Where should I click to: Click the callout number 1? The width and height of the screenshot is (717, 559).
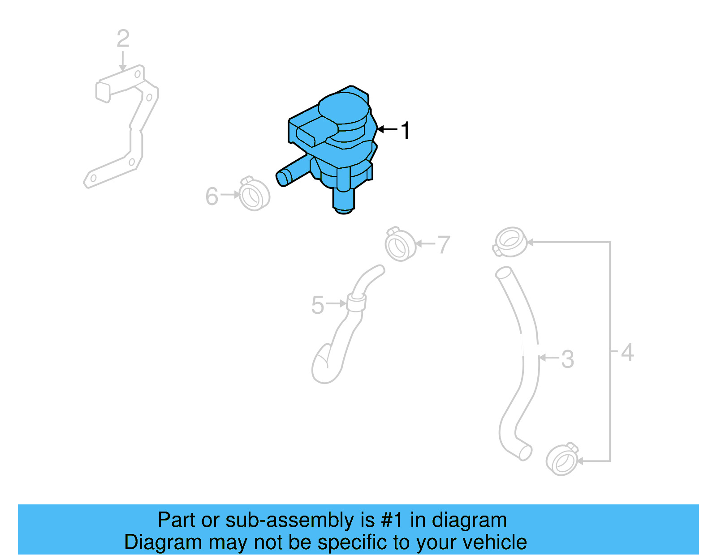(x=405, y=131)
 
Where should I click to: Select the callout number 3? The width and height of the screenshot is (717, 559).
(x=567, y=359)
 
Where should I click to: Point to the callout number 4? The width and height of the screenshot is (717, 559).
(x=627, y=353)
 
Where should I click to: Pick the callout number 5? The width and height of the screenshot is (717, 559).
(x=317, y=305)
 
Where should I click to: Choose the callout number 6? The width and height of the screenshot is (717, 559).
(x=212, y=196)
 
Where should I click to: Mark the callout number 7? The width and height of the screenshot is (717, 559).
(x=443, y=245)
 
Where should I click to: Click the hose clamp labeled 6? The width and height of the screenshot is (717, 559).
(x=254, y=195)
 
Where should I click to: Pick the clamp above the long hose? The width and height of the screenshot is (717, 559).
(x=510, y=242)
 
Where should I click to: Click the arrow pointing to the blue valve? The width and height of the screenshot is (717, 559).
(x=387, y=129)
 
